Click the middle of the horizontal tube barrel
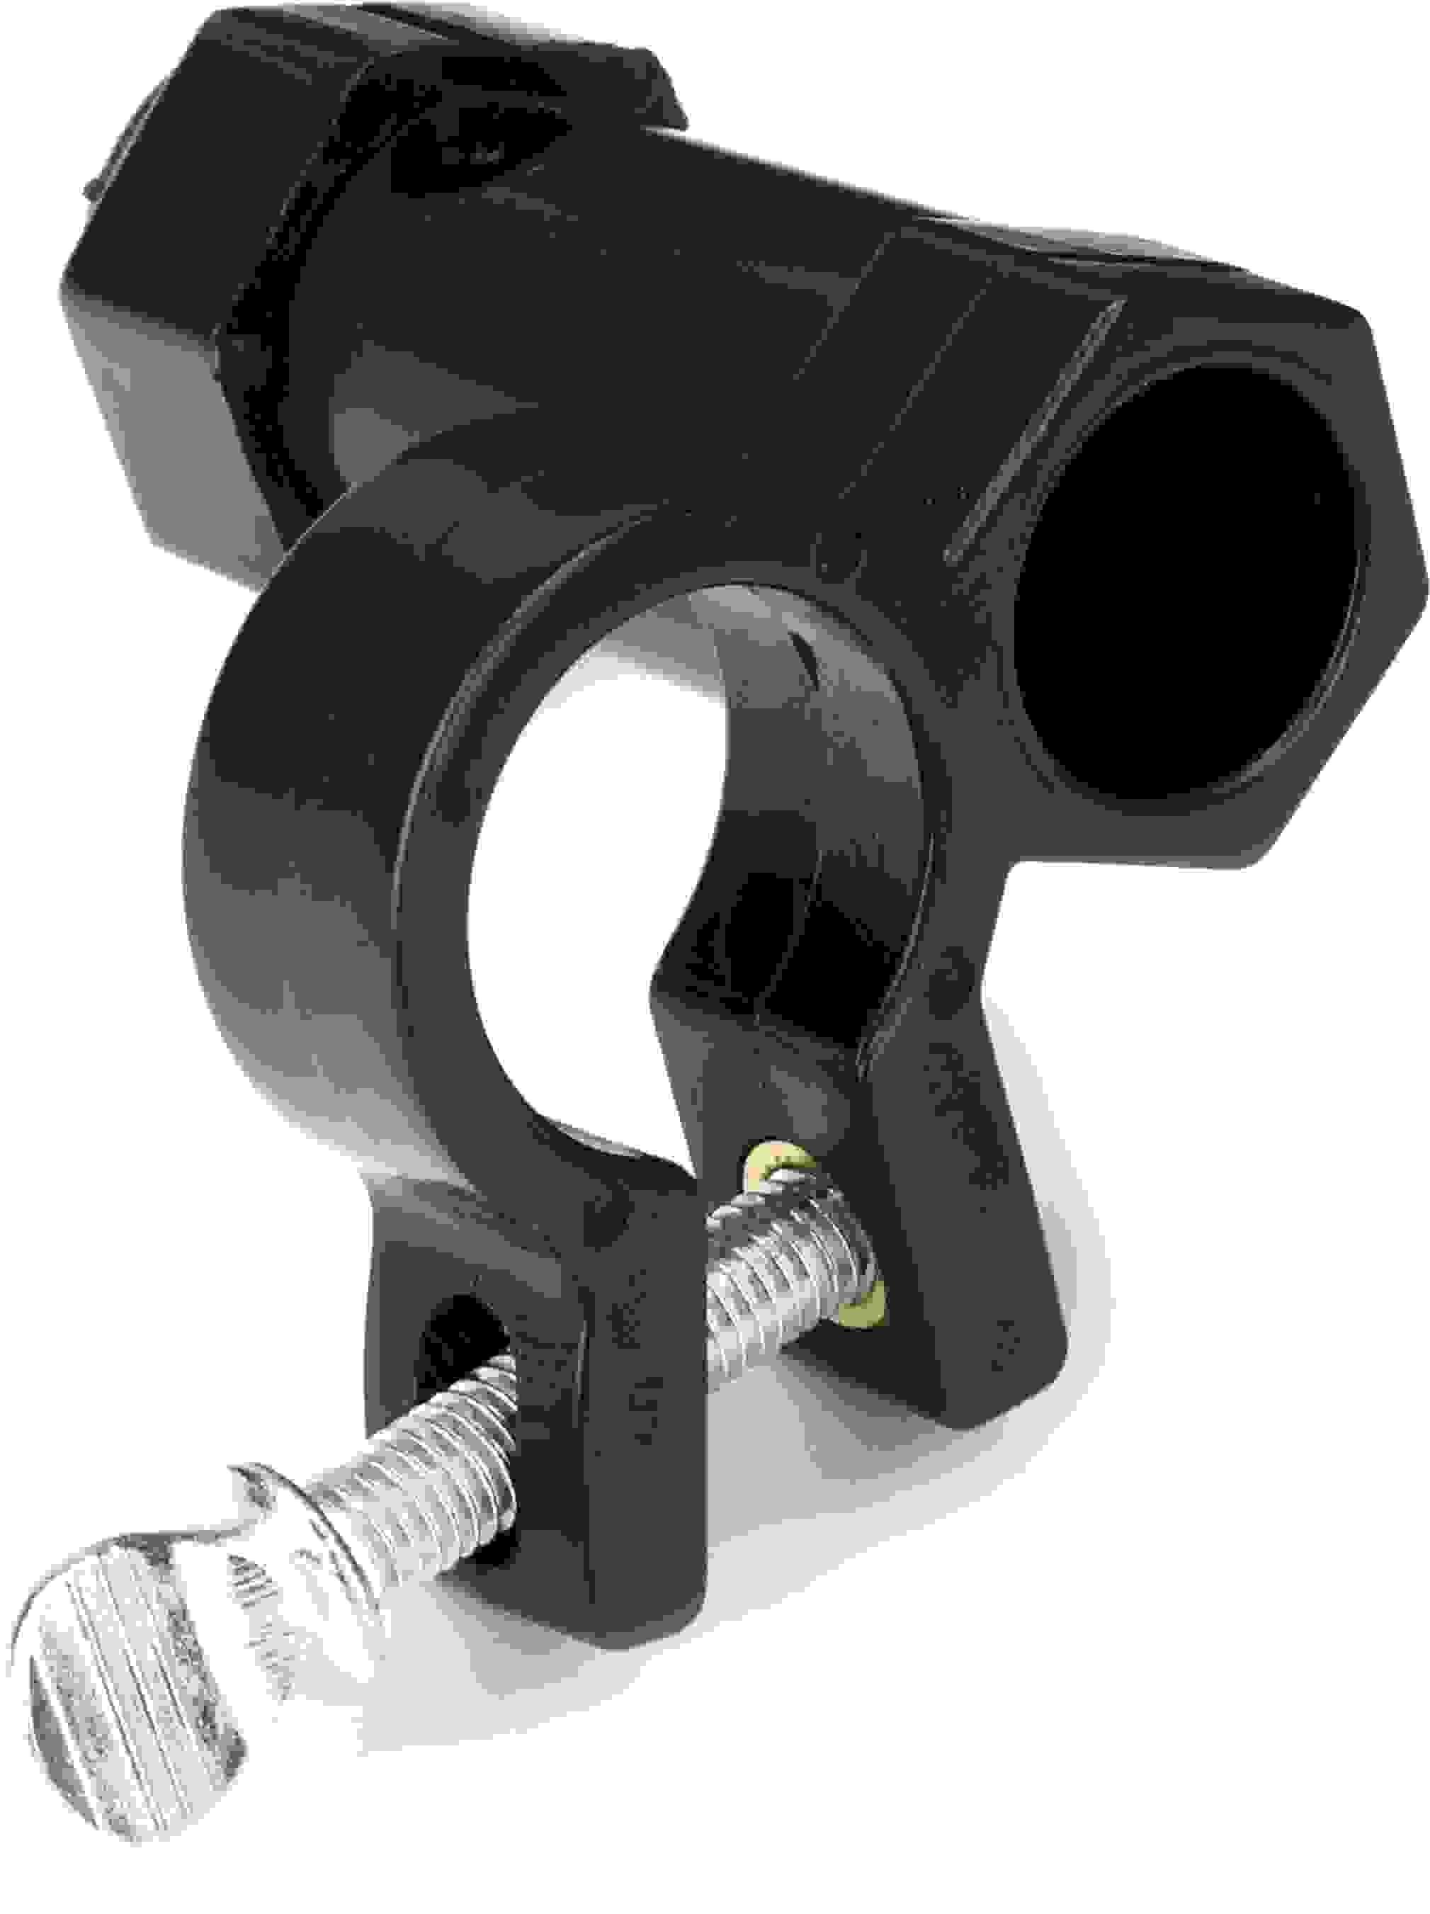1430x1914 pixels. click(692, 285)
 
